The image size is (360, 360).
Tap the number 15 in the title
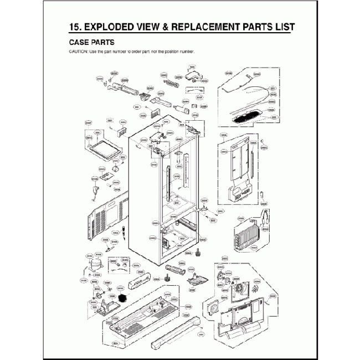point(71,27)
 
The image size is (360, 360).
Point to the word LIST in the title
point(281,27)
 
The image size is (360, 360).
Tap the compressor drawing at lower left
point(96,265)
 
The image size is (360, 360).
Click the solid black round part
point(122,298)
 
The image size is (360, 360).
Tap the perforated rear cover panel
point(105,218)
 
